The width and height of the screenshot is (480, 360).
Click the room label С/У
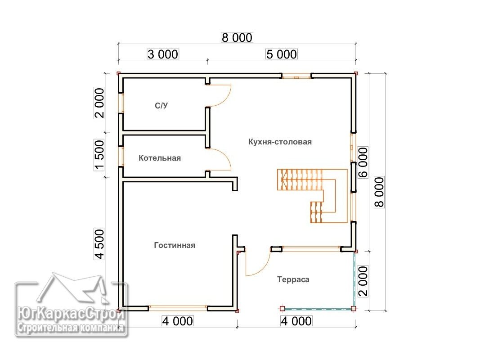[x=161, y=106]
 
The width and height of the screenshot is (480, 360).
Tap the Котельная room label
[x=160, y=158]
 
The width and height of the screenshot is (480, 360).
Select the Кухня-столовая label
[x=280, y=142]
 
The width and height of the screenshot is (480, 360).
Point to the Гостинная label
[x=175, y=245]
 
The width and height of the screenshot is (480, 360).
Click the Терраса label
[x=293, y=279]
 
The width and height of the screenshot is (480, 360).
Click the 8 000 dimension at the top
[x=237, y=37]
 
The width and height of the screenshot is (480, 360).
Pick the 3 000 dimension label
[x=163, y=54]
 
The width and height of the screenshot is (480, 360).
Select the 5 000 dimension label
[x=281, y=54]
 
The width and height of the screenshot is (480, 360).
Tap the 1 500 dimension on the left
[x=99, y=155]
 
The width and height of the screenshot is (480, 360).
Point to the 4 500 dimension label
[x=99, y=244]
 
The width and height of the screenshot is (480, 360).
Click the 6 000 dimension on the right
[x=363, y=162]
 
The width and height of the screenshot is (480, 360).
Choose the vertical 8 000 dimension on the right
[x=379, y=192]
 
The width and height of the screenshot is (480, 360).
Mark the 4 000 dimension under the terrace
[x=296, y=321]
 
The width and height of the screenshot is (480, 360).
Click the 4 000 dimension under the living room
[x=178, y=321]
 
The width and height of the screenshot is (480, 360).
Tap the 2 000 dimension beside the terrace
[x=363, y=281]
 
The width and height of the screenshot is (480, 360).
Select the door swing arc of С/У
[x=227, y=99]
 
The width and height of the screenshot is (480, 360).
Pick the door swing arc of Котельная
[x=227, y=156]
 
